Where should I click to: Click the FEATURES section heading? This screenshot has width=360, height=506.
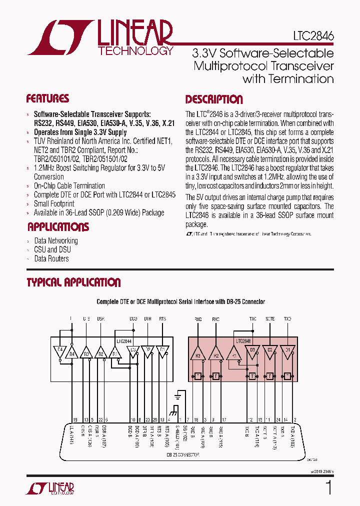(47, 98)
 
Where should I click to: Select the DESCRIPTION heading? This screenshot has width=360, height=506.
(214, 99)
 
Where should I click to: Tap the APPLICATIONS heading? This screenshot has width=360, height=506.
(58, 227)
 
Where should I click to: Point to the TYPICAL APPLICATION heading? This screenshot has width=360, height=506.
(73, 282)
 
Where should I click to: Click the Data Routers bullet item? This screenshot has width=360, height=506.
(51, 258)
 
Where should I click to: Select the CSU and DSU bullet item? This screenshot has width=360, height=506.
(52, 249)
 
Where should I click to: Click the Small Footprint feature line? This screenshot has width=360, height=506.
(54, 203)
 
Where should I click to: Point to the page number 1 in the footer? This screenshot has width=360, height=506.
(328, 488)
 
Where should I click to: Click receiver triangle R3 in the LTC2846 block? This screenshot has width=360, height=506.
(198, 355)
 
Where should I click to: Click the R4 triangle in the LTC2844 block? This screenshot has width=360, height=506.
(72, 354)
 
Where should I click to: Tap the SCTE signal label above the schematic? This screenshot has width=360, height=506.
(270, 319)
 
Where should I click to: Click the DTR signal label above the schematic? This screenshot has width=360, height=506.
(148, 319)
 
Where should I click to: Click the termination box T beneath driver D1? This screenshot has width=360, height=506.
(287, 376)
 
